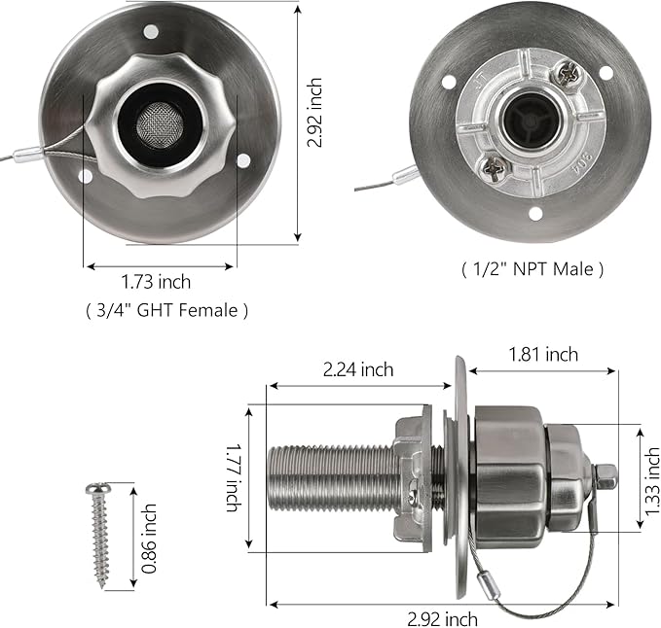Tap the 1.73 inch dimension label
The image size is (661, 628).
point(156,282)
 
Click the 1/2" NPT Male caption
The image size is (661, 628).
point(532,269)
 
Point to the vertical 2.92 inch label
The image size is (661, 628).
point(314,113)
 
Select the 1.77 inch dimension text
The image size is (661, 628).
point(232,478)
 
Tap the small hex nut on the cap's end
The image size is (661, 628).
point(605,476)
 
